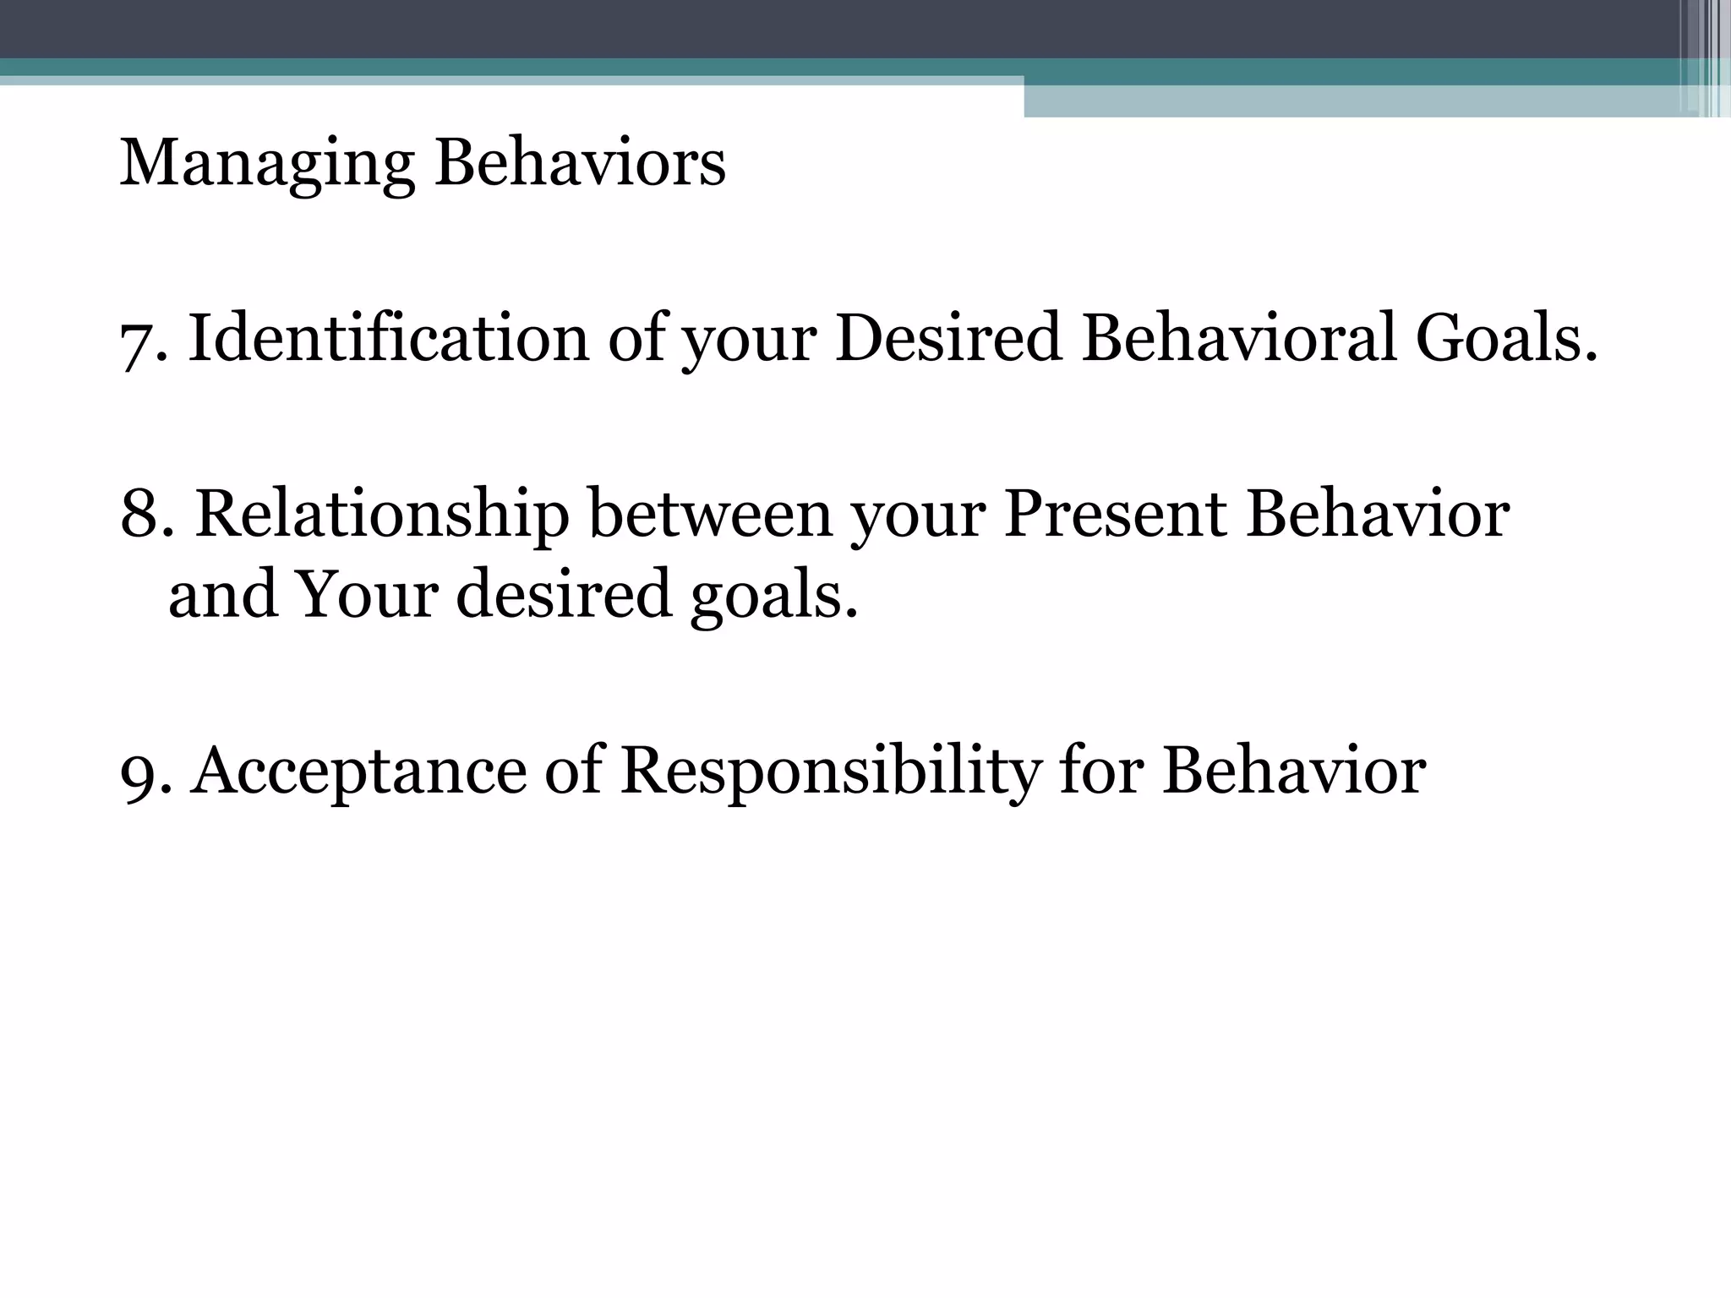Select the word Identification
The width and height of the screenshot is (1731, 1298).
(x=388, y=338)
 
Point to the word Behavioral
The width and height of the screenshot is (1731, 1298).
(x=1238, y=338)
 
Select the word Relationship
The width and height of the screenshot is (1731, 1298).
(x=382, y=515)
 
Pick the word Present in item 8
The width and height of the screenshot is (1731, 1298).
(x=1115, y=514)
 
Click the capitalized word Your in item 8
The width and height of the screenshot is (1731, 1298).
(x=367, y=594)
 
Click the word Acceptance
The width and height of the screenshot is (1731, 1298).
(x=358, y=772)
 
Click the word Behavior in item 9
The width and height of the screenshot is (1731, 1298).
(x=1294, y=771)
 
